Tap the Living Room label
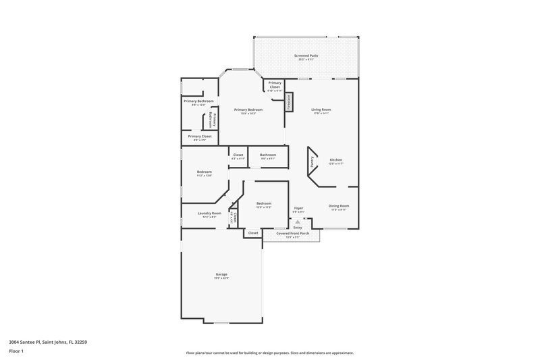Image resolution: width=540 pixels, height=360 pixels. [x=321, y=109]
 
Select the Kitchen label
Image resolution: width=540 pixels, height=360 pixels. [x=335, y=160]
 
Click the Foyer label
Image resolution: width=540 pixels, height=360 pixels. [x=298, y=208]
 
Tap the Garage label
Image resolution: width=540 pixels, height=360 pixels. [x=221, y=274]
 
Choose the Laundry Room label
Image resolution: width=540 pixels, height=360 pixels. [x=209, y=213]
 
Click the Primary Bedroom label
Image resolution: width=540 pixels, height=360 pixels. [x=248, y=109]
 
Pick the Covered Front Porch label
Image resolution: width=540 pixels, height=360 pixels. [x=293, y=233]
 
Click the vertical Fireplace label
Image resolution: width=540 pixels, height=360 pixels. [x=288, y=101]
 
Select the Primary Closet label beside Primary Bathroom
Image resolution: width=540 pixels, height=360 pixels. [x=200, y=136]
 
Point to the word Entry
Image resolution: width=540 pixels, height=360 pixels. [x=298, y=228]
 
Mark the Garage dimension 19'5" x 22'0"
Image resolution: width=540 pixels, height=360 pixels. [x=221, y=278]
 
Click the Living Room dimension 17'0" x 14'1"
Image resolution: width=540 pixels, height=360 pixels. [x=321, y=113]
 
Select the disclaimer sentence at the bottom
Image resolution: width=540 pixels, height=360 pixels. [x=270, y=353]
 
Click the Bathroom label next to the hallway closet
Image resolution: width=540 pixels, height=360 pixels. [x=268, y=155]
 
